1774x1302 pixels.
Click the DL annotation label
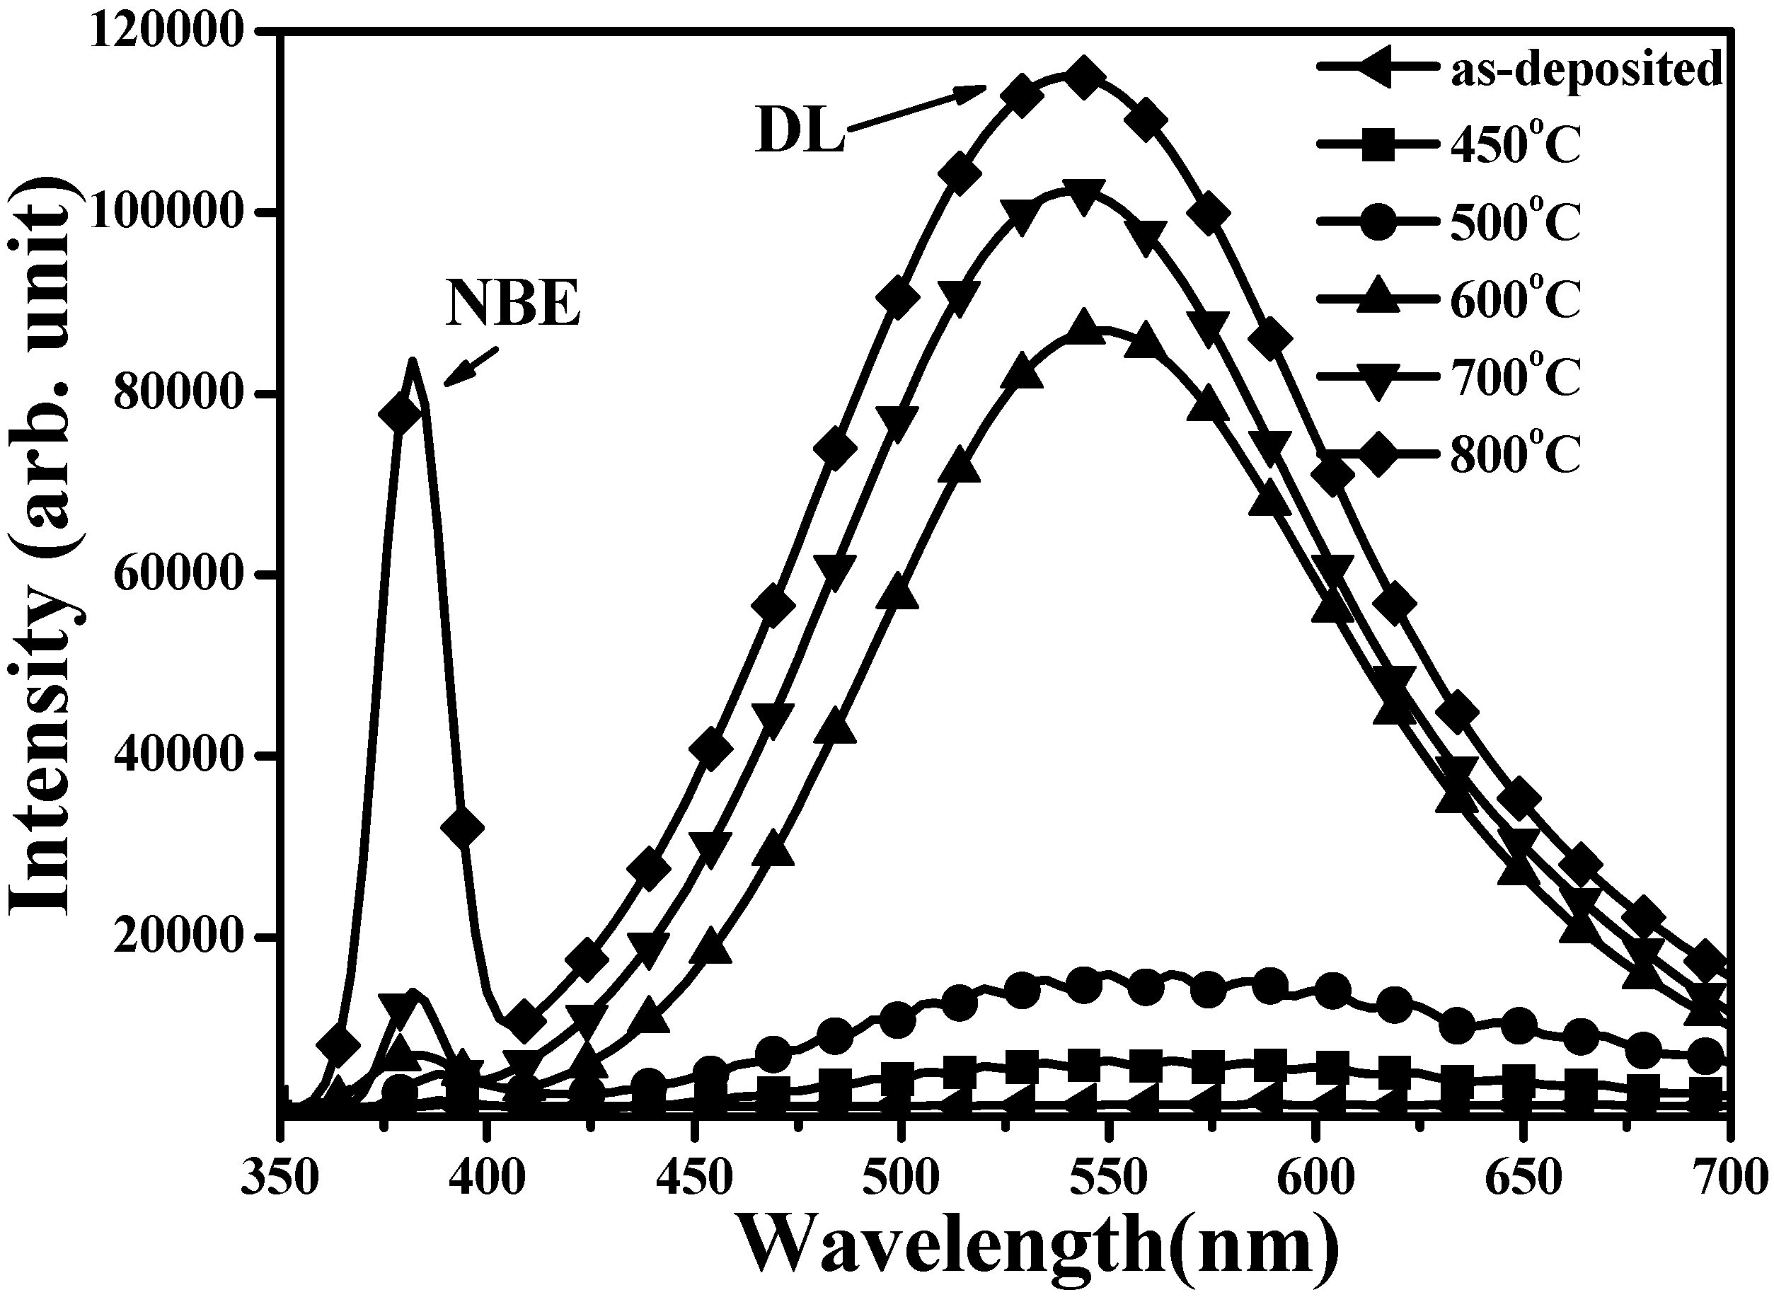point(799,132)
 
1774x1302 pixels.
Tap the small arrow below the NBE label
point(471,367)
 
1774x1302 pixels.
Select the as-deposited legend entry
point(1519,69)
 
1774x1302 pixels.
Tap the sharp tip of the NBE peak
point(411,361)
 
